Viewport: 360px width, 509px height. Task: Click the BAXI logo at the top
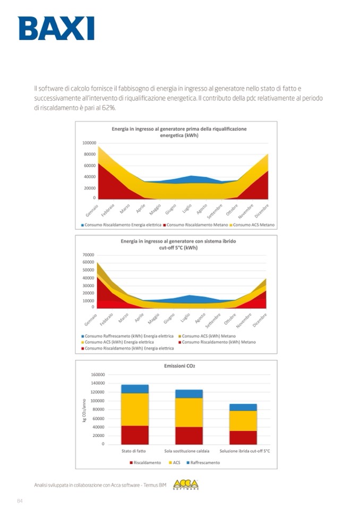[56, 28]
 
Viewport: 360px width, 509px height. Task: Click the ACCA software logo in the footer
[185, 484]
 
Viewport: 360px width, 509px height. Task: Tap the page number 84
[21, 501]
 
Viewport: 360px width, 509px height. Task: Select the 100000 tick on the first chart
[89, 143]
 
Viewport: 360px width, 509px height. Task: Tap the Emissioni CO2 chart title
[176, 366]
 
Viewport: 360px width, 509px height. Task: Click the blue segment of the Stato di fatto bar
[135, 389]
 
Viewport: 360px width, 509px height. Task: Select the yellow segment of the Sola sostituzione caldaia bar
[190, 412]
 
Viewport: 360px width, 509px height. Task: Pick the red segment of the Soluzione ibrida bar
[243, 437]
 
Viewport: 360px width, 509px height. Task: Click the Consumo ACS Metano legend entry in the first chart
[254, 225]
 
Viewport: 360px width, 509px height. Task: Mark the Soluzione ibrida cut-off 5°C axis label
[244, 451]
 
